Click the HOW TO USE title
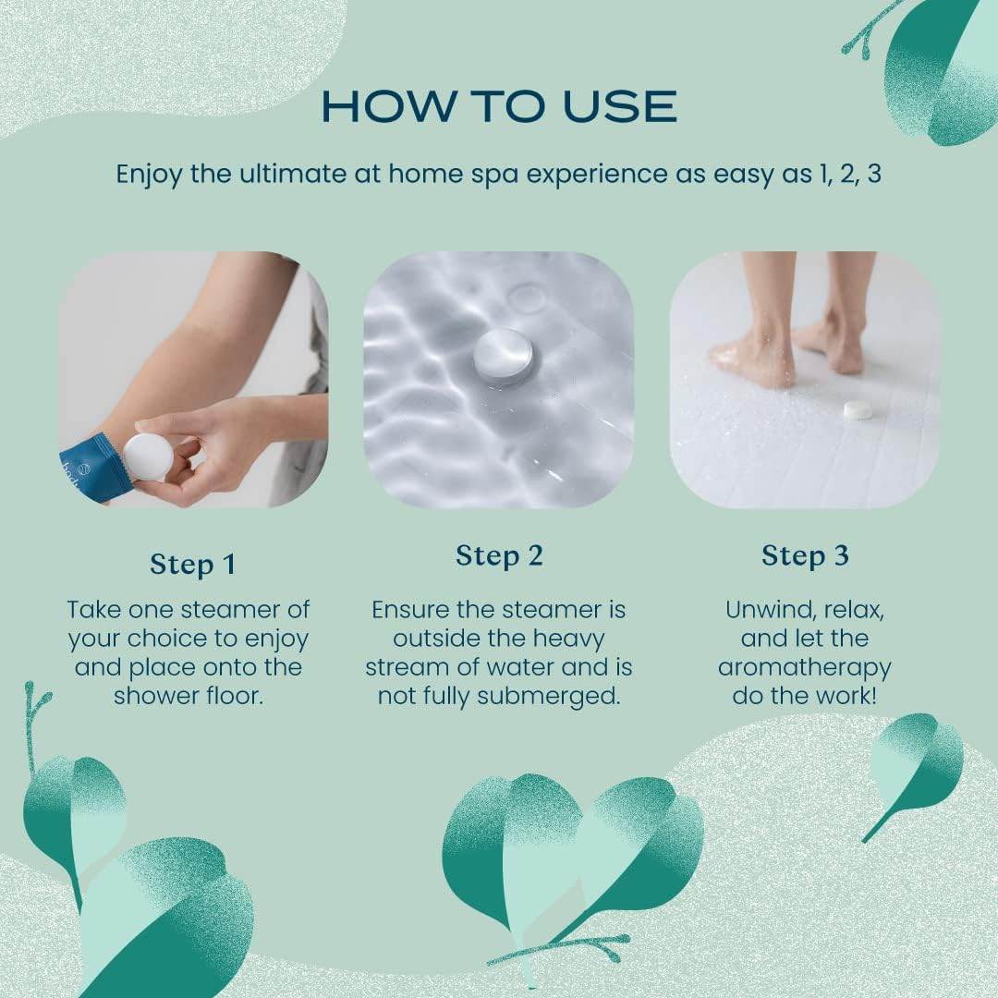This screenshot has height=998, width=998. click(x=499, y=106)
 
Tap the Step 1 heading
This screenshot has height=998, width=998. click(x=192, y=564)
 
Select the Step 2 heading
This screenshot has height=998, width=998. click(x=499, y=556)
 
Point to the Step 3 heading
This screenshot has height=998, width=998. click(x=805, y=556)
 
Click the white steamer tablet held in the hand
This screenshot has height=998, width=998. click(x=148, y=457)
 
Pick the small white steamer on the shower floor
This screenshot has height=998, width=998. click(x=859, y=409)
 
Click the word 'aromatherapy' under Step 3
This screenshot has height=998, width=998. click(x=804, y=667)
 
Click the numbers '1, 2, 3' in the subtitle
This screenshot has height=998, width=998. click(x=849, y=175)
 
